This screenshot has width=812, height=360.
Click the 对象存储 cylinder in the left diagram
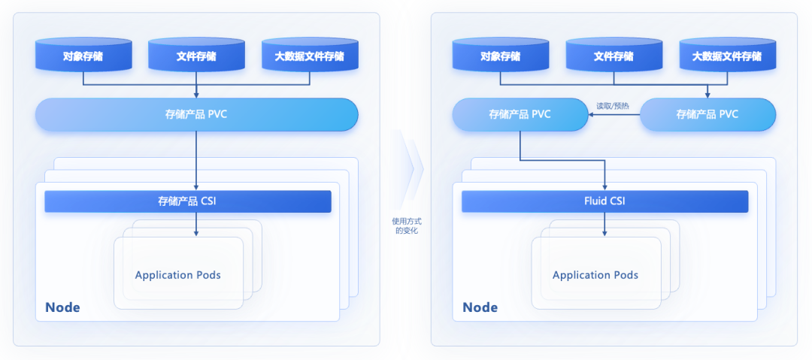(83, 56)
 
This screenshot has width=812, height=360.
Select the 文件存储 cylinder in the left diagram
(196, 56)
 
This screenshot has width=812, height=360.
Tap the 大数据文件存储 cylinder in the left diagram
(309, 56)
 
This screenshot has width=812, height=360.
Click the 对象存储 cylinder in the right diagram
(501, 56)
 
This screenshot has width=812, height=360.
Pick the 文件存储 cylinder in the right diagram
(614, 56)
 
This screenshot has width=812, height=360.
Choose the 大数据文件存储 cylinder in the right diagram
(726, 56)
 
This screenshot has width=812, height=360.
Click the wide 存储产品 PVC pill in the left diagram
(196, 114)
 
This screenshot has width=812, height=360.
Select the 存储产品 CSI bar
(188, 201)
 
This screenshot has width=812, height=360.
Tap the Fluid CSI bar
(604, 201)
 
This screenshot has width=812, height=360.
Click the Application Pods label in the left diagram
(178, 275)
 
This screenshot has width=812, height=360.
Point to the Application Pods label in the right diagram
(595, 275)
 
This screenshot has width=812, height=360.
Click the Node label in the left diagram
(62, 307)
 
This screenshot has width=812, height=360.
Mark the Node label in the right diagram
(480, 307)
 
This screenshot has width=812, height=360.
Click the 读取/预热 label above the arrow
(613, 106)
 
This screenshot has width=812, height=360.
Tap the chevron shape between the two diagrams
(412, 169)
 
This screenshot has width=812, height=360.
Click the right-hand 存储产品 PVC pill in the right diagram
(707, 114)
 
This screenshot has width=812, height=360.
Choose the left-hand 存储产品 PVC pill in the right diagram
(520, 114)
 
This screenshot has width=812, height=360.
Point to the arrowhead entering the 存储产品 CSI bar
(196, 187)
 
